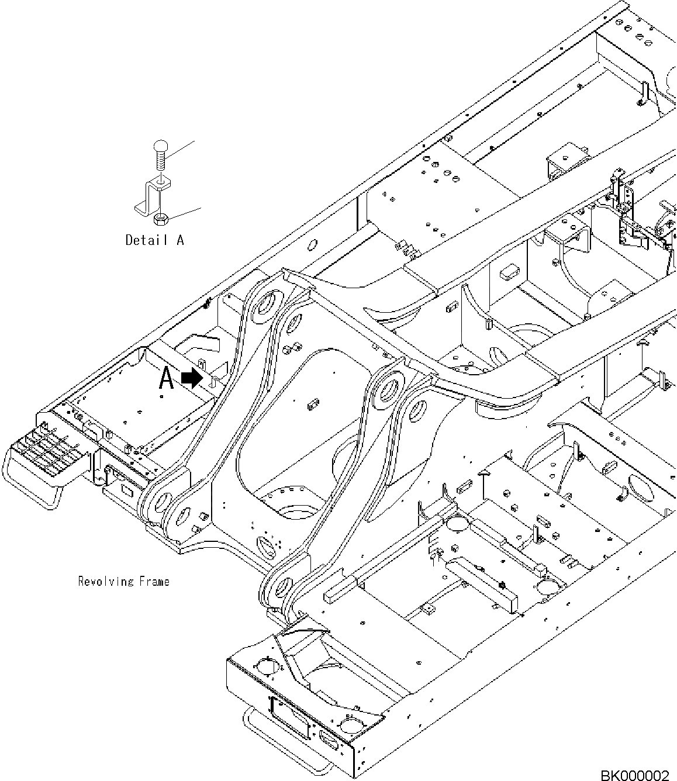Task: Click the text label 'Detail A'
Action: [x=155, y=240]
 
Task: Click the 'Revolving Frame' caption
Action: [x=123, y=581]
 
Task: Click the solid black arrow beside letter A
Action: [x=191, y=379]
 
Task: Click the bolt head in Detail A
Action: [x=161, y=146]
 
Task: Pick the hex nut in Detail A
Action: [x=160, y=219]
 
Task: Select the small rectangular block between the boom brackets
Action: [x=312, y=403]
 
